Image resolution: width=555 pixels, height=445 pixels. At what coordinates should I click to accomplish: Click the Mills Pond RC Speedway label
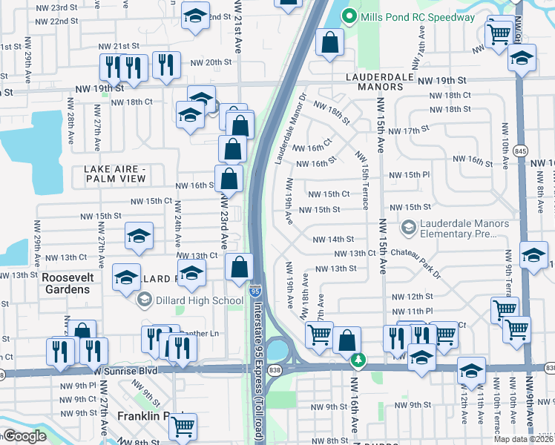pyautogui.click(x=417, y=17)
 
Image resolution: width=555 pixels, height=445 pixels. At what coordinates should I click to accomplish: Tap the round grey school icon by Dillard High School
pyautogui.click(x=144, y=300)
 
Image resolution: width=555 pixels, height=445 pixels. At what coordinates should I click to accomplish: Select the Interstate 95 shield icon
pyautogui.click(x=255, y=287)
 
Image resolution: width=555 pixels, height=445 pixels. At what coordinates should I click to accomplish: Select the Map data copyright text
pyautogui.click(x=524, y=438)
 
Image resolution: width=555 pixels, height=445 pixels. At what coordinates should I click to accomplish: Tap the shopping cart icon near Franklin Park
pyautogui.click(x=183, y=426)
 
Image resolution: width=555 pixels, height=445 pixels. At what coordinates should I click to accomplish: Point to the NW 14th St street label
pyautogui.click(x=333, y=240)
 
